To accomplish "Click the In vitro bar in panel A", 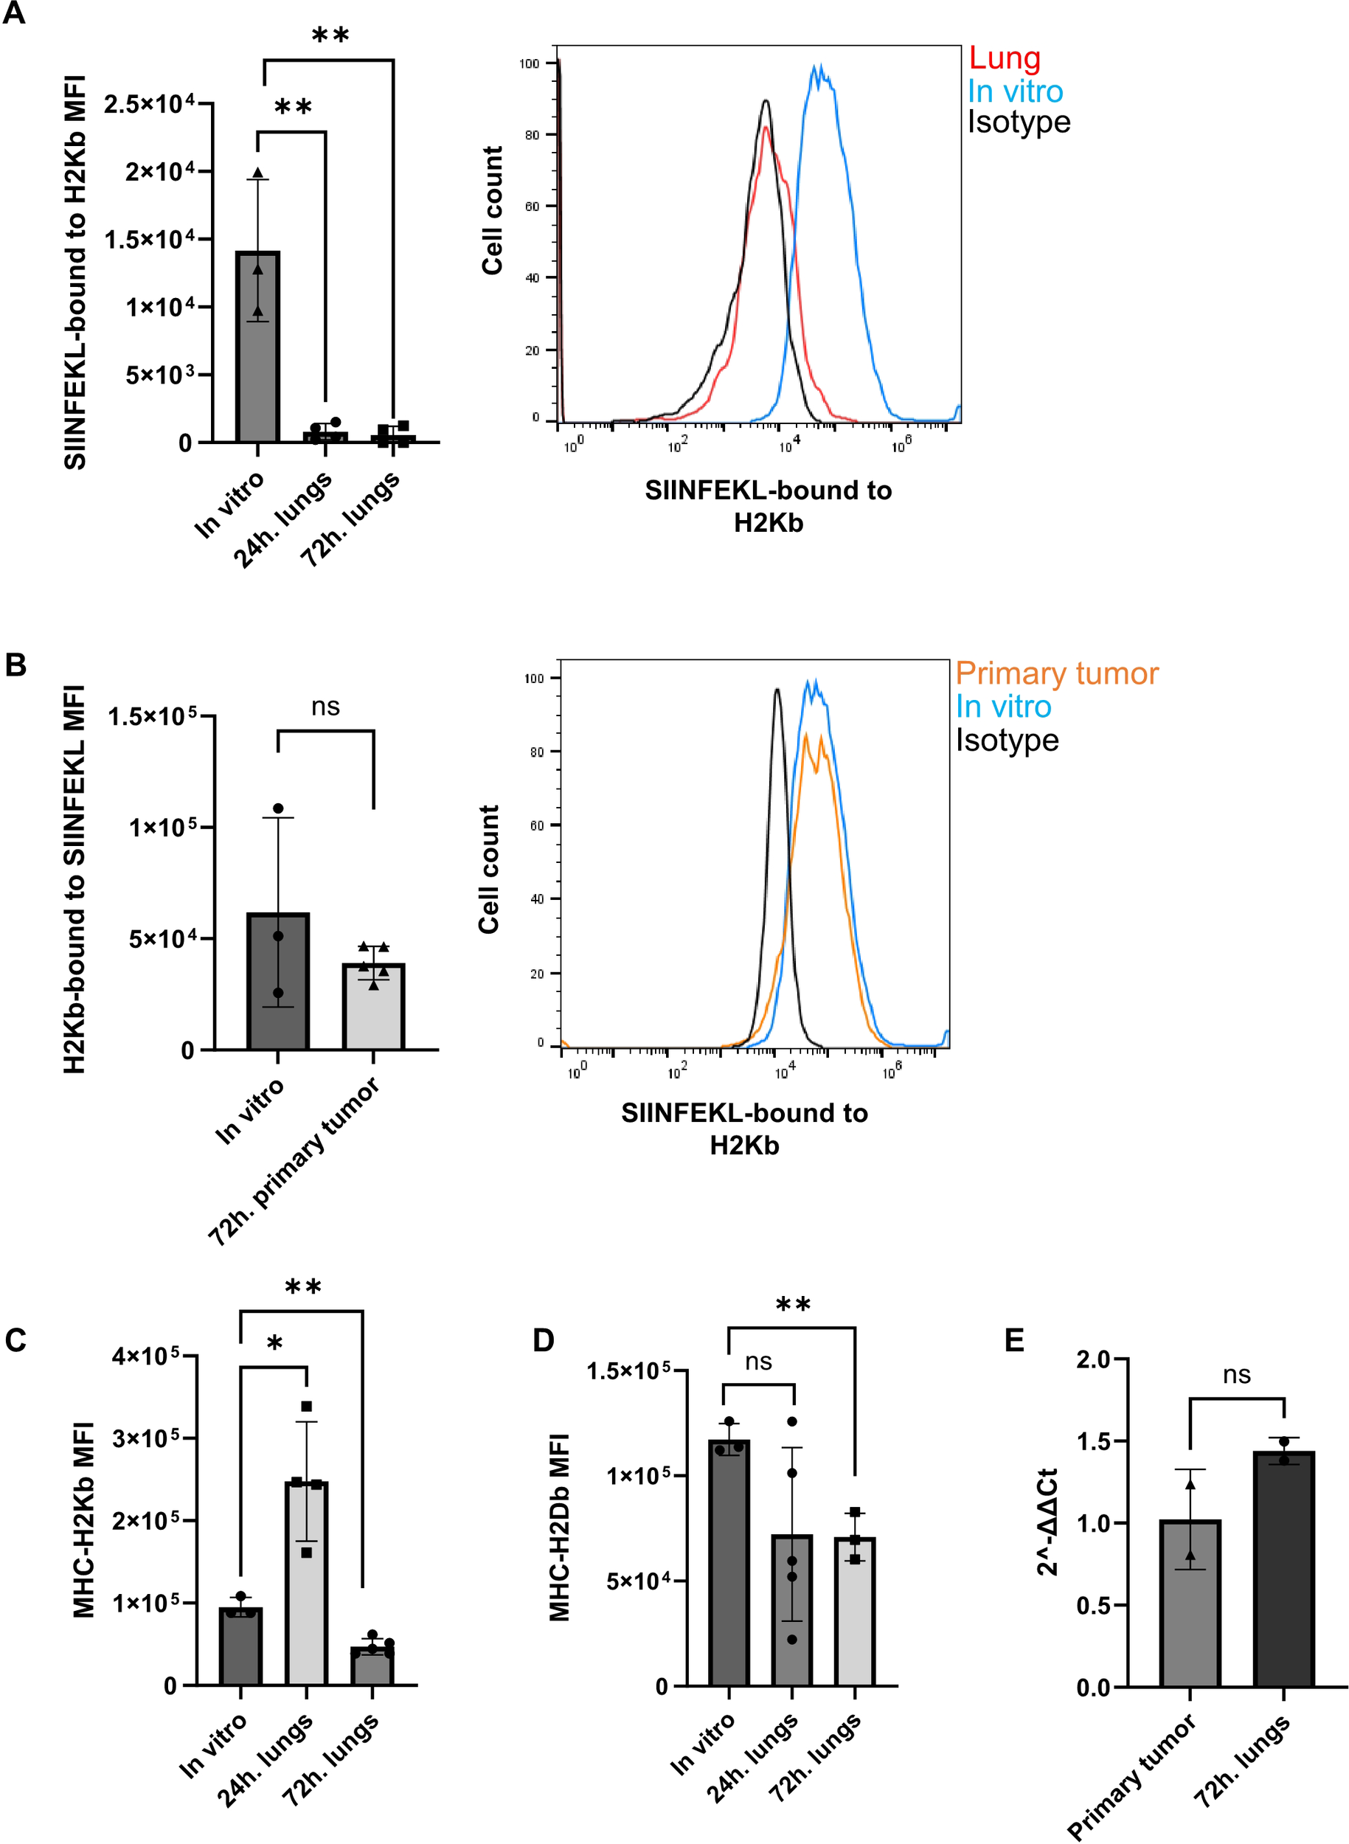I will (x=258, y=351).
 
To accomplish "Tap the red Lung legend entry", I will (x=1005, y=58).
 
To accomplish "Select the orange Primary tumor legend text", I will (x=1057, y=673).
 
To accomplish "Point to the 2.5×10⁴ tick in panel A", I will (x=150, y=105).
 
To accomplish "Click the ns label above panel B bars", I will (x=325, y=707).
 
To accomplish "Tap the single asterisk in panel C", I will (x=275, y=1343).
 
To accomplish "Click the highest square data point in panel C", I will (x=307, y=1407).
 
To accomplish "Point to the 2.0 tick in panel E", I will (x=1092, y=1359).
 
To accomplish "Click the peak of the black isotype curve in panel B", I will (x=777, y=690).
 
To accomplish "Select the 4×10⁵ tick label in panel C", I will (x=145, y=1356).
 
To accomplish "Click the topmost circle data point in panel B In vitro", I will (x=279, y=808).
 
